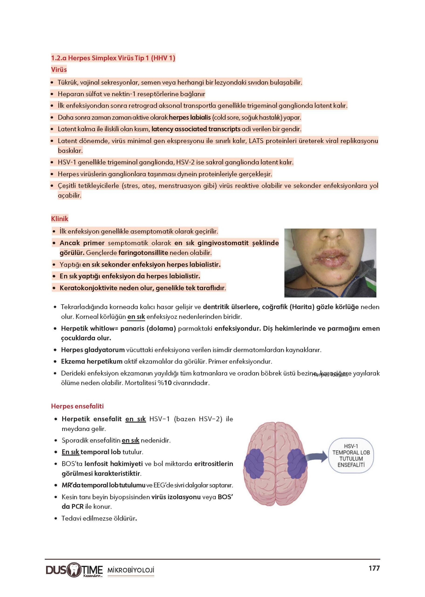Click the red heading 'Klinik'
tap(60, 219)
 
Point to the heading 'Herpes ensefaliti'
tap(77, 406)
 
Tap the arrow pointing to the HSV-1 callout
tap(316, 457)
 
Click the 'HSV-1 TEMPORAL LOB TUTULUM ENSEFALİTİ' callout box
tap(351, 455)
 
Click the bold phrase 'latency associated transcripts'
tap(196, 129)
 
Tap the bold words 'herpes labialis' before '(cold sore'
tap(190, 117)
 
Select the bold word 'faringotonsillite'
tap(143, 253)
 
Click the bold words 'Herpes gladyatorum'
tap(93, 350)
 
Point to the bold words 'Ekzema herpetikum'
tap(92, 361)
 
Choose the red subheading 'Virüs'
tap(59, 70)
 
